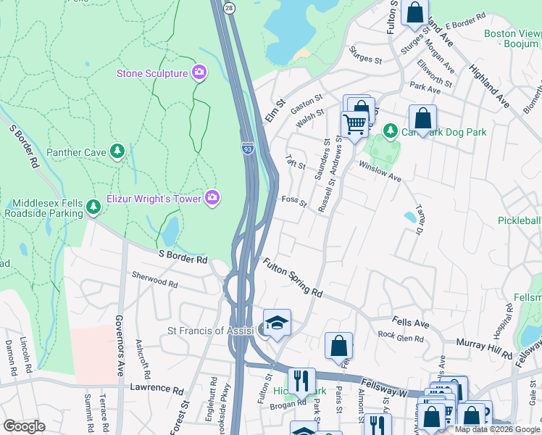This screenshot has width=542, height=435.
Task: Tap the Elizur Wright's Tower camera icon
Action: click(x=212, y=196)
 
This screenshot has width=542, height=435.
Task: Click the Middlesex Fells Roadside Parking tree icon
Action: click(x=93, y=207)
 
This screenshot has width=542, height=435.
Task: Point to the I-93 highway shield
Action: click(x=248, y=148)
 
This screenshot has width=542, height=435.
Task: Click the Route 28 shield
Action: click(x=228, y=7)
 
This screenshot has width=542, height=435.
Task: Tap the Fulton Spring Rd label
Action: click(x=293, y=278)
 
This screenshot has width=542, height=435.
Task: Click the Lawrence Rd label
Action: click(x=157, y=389)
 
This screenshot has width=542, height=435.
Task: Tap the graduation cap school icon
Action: click(x=276, y=323)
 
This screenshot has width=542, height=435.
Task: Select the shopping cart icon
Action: click(x=354, y=123)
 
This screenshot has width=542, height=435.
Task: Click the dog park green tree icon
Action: click(x=391, y=130)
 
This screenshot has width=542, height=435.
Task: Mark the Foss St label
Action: click(x=294, y=199)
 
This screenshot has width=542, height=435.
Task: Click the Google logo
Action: click(x=24, y=426)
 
